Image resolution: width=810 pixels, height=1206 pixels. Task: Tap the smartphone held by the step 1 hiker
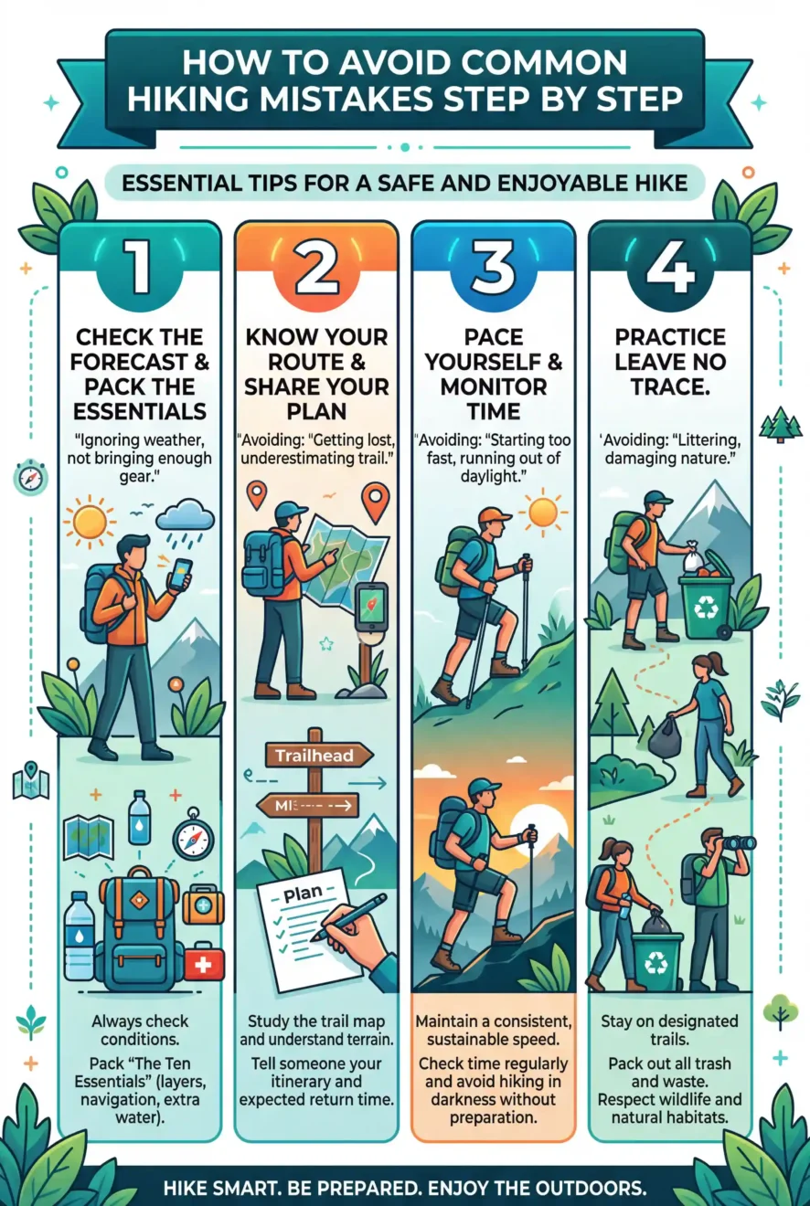click(180, 574)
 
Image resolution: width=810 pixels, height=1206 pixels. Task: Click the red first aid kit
click(203, 961)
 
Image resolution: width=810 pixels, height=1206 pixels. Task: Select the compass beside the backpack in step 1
click(193, 837)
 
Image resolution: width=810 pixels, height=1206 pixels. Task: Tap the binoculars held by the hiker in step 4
click(738, 842)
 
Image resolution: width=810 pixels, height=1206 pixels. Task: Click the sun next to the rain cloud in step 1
click(89, 522)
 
